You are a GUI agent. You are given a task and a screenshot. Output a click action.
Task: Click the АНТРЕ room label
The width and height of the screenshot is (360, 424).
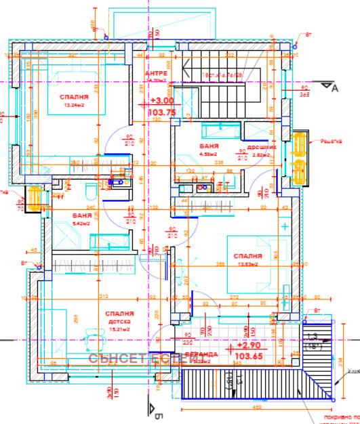[156, 73]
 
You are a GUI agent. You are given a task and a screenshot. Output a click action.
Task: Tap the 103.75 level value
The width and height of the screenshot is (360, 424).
[161, 112]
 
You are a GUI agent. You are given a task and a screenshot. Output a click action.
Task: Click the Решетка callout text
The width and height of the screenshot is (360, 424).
[330, 142]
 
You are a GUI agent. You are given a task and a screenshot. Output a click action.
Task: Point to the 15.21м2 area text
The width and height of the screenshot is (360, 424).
[119, 328]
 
